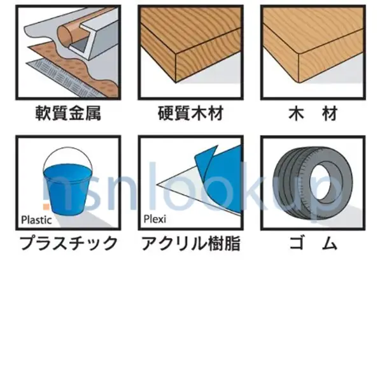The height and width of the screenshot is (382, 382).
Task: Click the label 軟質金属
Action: tap(68, 113)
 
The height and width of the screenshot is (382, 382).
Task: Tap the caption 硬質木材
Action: tap(190, 113)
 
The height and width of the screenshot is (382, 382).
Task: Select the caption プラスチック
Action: tap(69, 243)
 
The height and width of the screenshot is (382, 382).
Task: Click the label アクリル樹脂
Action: tap(191, 243)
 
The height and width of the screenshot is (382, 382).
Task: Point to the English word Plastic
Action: tap(36, 220)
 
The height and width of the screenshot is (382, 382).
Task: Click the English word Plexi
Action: tap(155, 219)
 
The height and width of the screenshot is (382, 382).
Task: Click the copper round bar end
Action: tap(65, 35)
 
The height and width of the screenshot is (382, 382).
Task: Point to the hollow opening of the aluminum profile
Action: tap(80, 45)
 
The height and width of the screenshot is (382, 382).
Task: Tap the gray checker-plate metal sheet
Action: tap(66, 78)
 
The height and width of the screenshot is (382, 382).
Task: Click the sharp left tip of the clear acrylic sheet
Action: tap(157, 185)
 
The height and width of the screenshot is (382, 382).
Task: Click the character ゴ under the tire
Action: tap(297, 243)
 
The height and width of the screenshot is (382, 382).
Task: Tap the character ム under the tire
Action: tap(330, 243)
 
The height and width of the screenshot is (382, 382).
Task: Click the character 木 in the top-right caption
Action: tap(296, 113)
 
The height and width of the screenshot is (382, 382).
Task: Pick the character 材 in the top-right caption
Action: tap(330, 113)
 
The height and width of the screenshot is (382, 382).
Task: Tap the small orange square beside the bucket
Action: tap(46, 206)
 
